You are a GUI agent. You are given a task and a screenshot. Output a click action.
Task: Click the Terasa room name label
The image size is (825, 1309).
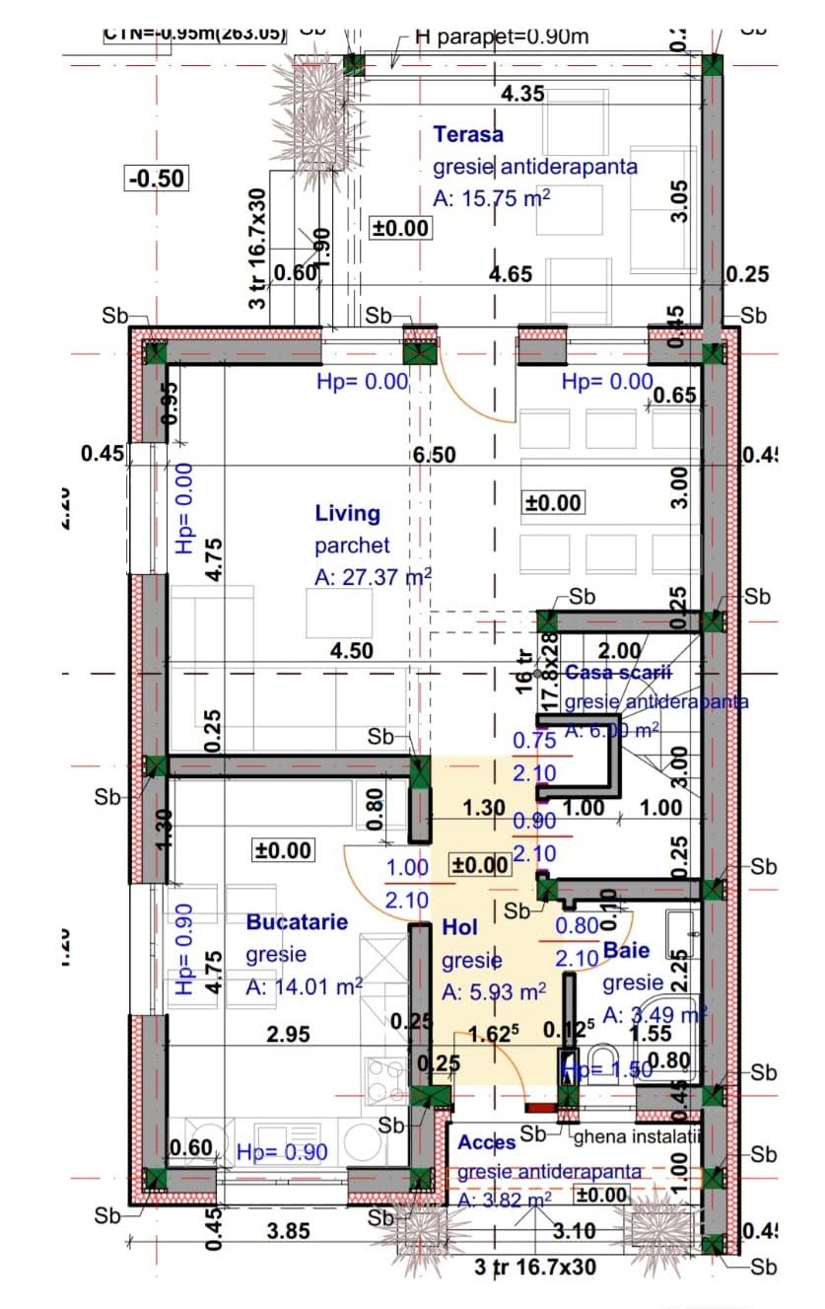(x=468, y=134)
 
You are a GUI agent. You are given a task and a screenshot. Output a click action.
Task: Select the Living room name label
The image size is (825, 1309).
(x=347, y=513)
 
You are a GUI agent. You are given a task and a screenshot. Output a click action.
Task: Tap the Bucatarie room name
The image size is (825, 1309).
(x=297, y=921)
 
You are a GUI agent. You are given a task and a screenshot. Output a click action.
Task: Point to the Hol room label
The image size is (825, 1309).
(x=459, y=927)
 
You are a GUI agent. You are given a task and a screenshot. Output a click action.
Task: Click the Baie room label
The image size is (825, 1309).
(x=627, y=951)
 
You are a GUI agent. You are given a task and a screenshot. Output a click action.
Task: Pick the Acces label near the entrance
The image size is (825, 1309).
(x=487, y=1141)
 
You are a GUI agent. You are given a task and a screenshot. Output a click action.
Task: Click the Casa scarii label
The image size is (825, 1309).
(x=618, y=672)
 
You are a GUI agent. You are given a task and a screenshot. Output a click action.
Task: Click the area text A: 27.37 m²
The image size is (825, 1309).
(x=374, y=577)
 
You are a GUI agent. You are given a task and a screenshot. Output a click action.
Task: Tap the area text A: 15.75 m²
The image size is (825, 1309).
(x=491, y=197)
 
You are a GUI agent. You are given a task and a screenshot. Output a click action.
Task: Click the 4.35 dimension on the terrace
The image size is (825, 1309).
(x=522, y=95)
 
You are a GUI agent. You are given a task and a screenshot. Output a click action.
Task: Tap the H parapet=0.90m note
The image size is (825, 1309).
(x=502, y=37)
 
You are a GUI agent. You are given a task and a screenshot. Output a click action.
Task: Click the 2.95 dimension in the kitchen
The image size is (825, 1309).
(x=288, y=1034)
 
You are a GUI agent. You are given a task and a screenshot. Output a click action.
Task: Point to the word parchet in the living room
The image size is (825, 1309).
(x=353, y=545)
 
